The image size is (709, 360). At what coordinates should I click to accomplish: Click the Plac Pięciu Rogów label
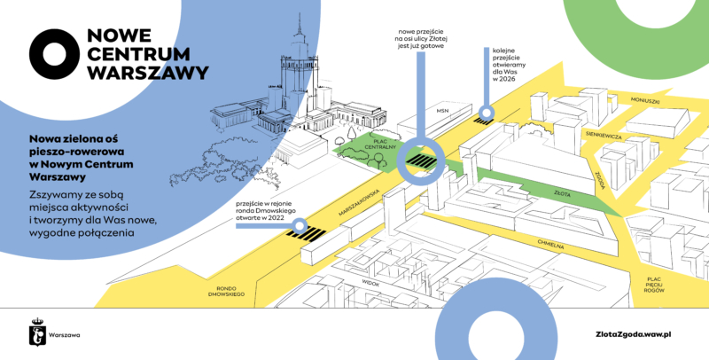654,284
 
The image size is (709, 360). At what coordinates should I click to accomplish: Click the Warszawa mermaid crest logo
37,333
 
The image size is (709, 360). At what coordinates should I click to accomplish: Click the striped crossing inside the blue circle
422,161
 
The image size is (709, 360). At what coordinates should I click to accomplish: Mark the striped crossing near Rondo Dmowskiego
304,234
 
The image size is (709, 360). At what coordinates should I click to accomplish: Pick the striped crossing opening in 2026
485,113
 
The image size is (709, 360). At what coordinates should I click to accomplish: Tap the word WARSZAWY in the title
148,71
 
